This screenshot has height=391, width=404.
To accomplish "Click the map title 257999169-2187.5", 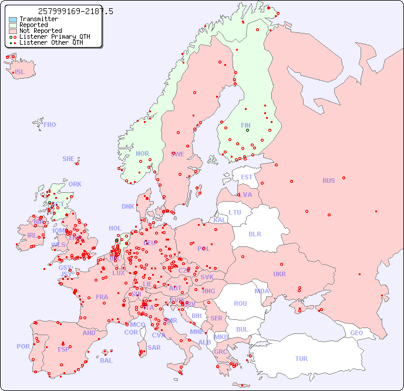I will (75, 11).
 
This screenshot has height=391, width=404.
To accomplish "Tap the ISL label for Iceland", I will (20, 72).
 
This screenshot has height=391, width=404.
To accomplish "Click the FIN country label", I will (245, 125).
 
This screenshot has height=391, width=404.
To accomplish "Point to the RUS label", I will (328, 181).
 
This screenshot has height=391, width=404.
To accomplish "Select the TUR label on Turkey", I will (301, 359).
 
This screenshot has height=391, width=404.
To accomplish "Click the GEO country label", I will (356, 333).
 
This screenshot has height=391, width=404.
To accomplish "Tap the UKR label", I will (280, 274).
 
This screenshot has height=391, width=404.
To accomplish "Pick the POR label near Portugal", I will (23, 346).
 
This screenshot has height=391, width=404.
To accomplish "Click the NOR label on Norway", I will (142, 153).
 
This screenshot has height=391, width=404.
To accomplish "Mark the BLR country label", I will (255, 233).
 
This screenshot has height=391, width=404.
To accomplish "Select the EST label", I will (247, 177).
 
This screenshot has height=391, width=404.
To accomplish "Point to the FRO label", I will (50, 125).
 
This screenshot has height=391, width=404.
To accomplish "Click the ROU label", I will (240, 303).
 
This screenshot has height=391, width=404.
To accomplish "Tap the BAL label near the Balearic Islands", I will (106, 360).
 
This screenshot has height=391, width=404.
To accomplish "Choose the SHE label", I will (69, 159).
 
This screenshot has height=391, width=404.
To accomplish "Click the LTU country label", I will (235, 212).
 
